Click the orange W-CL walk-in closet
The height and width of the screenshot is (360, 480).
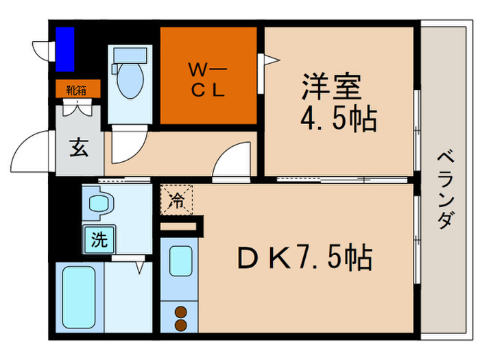[208, 75]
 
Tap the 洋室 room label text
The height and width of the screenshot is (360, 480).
[328, 90]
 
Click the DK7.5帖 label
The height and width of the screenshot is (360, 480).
[304, 259]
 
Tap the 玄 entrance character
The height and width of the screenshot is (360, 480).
[77, 147]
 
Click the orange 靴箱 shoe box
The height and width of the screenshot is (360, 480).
[77, 89]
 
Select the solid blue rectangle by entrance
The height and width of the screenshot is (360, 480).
[65, 49]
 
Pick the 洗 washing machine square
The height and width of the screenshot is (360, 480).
[99, 240]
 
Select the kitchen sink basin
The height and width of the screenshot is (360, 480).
[180, 261]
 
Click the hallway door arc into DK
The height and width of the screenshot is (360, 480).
[232, 162]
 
